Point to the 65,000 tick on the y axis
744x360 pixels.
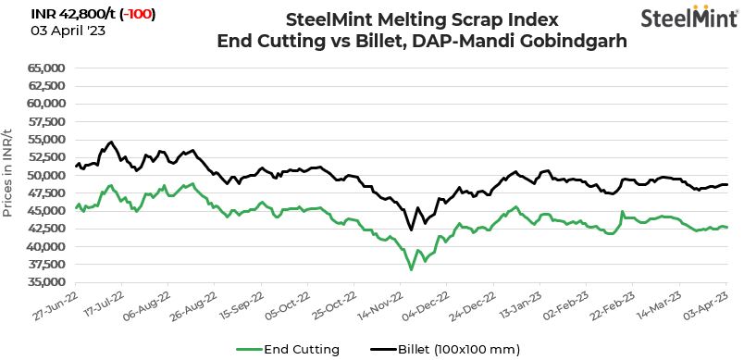tap(44, 68)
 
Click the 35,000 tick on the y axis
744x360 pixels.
tap(44, 282)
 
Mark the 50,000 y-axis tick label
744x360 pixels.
tap(44, 175)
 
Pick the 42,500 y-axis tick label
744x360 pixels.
tap(44, 229)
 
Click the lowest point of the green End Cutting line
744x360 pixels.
tap(411, 269)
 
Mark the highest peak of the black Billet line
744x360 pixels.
tap(111, 142)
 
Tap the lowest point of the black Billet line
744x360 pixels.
tap(411, 230)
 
